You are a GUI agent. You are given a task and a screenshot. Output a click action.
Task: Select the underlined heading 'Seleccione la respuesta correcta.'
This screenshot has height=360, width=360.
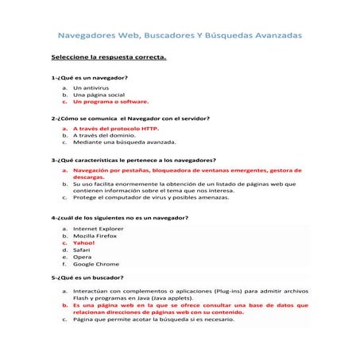click(109, 58)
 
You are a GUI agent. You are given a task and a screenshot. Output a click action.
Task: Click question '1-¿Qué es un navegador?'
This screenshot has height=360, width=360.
click(90, 78)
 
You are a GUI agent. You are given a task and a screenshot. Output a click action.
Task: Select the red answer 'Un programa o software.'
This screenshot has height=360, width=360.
click(110, 102)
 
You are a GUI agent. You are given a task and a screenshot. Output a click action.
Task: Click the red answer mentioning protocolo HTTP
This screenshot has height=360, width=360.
click(116, 128)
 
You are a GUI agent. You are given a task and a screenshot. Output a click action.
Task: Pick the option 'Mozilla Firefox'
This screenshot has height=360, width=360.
click(95, 235)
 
